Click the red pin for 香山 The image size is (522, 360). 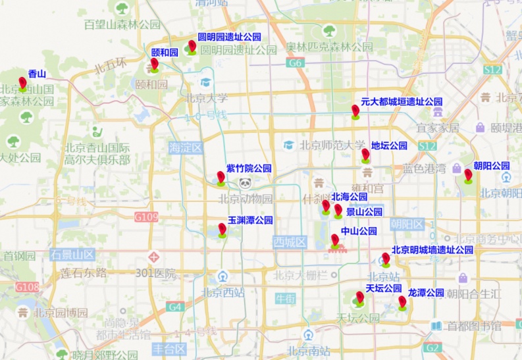23,83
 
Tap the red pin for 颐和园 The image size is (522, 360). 154,64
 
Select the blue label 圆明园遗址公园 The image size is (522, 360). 229,37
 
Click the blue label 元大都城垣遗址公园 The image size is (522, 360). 402,102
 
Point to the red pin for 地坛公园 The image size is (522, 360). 365,155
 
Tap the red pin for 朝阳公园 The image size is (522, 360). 468,175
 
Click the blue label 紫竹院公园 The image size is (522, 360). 249,168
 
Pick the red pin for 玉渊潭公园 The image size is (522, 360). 222,229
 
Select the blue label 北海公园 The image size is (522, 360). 349,196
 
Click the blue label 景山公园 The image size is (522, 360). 365,212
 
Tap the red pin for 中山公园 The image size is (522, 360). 335,240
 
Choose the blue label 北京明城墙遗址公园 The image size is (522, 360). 432,250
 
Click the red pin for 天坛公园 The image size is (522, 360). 359,297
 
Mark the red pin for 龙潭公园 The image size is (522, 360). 402,302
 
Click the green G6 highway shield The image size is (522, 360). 294,63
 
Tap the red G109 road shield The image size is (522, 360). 145,217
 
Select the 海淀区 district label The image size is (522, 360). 185,147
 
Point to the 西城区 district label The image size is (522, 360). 290,242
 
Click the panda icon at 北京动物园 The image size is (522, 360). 246,184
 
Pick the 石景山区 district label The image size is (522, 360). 72,254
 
